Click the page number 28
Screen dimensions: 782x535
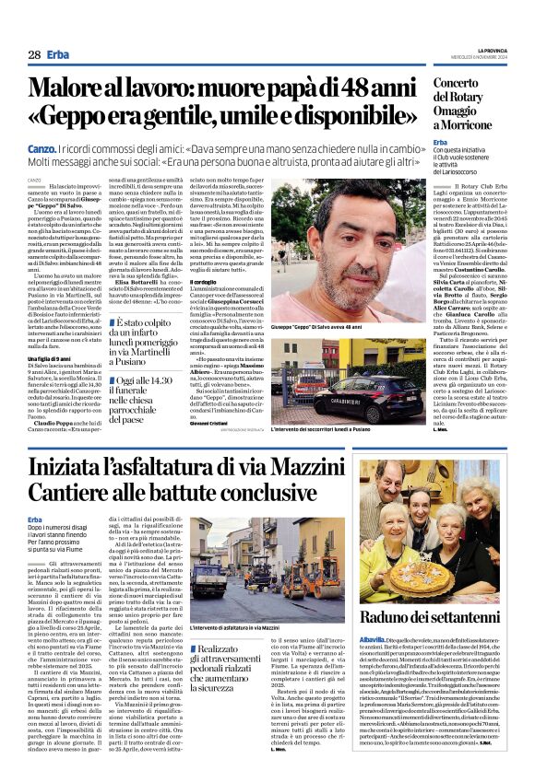click(x=33, y=54)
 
